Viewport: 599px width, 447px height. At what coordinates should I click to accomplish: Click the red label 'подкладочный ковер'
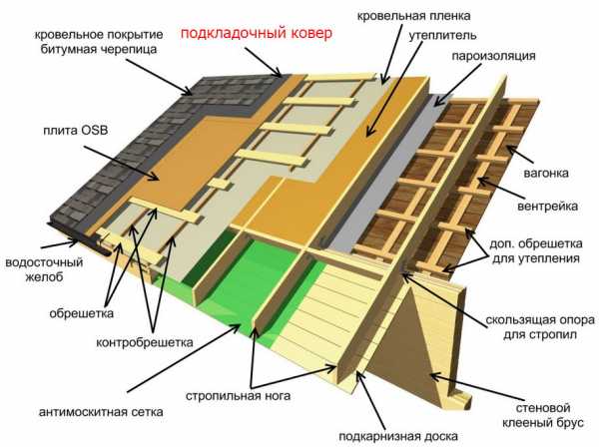pos(257,34)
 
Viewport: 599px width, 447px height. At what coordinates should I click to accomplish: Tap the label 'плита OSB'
pos(76,131)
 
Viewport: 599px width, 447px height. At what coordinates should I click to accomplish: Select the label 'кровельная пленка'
pos(413,16)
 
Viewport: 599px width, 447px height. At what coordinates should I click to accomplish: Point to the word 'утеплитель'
pos(442,36)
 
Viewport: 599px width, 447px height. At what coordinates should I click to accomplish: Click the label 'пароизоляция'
pos(493,56)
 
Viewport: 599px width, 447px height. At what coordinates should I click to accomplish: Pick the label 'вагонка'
pos(546,173)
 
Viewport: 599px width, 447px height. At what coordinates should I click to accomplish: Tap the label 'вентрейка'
pos(547,207)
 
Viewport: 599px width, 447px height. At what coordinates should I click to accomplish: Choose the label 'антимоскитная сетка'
pos(101,412)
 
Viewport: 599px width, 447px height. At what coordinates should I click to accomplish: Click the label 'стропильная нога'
pos(238,396)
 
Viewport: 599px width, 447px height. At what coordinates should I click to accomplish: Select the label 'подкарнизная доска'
pos(398,436)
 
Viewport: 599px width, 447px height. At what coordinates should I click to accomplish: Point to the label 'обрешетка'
pos(82,313)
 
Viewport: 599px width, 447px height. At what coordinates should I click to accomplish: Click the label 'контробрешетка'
pos(145,342)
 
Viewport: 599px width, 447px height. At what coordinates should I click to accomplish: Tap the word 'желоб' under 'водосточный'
pos(44,277)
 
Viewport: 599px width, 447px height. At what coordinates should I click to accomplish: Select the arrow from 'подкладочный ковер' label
pos(264,62)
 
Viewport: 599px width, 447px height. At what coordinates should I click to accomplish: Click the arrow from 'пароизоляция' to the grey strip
pos(457,85)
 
